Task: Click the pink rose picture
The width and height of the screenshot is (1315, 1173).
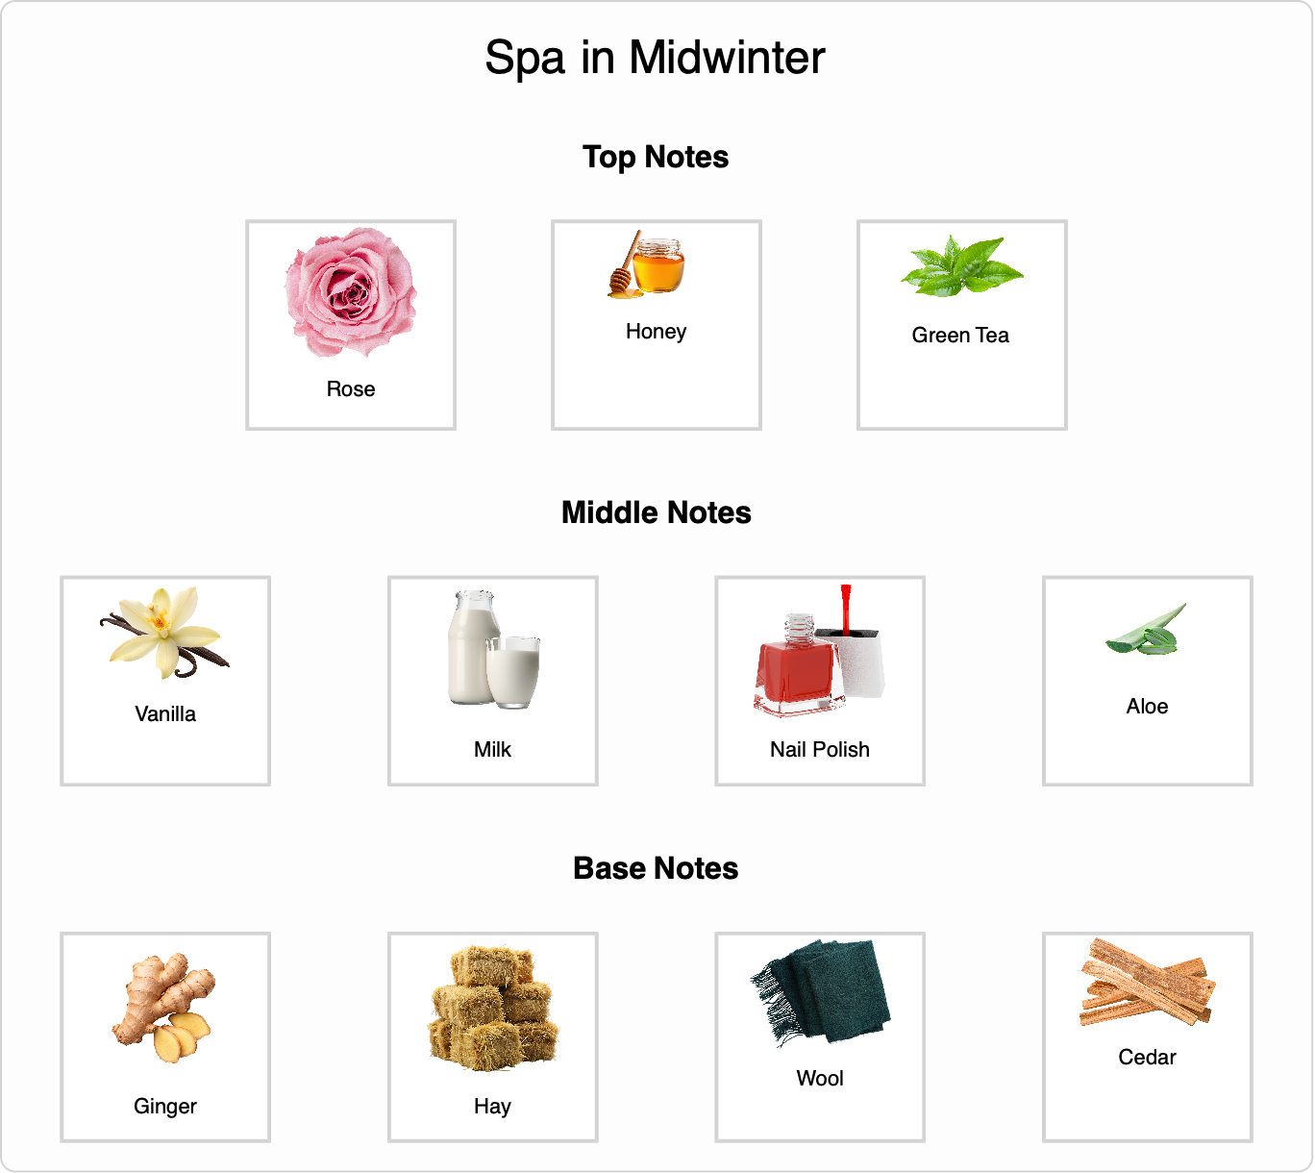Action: pyautogui.click(x=351, y=292)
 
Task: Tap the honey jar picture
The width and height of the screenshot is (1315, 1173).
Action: pyautogui.click(x=647, y=264)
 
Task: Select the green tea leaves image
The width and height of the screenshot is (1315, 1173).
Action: pyautogui.click(x=962, y=266)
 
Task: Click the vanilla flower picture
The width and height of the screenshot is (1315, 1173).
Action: pyautogui.click(x=165, y=633)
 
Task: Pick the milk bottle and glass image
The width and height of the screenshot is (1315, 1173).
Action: pyautogui.click(x=493, y=649)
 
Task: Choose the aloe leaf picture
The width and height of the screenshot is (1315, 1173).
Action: pyautogui.click(x=1146, y=630)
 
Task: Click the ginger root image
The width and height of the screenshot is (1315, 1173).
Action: pyautogui.click(x=164, y=1009)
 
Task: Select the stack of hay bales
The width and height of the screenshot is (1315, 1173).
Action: pyautogui.click(x=493, y=1009)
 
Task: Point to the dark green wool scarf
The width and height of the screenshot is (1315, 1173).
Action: pyautogui.click(x=820, y=993)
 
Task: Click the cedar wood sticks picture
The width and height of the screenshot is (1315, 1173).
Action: pyautogui.click(x=1147, y=983)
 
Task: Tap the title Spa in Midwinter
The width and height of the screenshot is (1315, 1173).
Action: pyautogui.click(x=656, y=59)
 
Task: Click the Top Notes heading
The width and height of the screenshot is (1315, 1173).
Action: pyautogui.click(x=656, y=158)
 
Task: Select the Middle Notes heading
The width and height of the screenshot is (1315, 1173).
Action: pyautogui.click(x=657, y=512)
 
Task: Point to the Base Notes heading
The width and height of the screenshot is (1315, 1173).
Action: pyautogui.click(x=656, y=868)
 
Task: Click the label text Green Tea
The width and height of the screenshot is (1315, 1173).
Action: pyautogui.click(x=960, y=336)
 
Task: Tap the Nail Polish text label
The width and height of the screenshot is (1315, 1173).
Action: pyautogui.click(x=820, y=750)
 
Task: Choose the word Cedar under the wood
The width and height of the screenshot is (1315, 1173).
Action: pyautogui.click(x=1147, y=1058)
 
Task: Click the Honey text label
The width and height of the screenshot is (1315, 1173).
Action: pyautogui.click(x=657, y=332)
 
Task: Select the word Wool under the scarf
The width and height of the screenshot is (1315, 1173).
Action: pyautogui.click(x=820, y=1079)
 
